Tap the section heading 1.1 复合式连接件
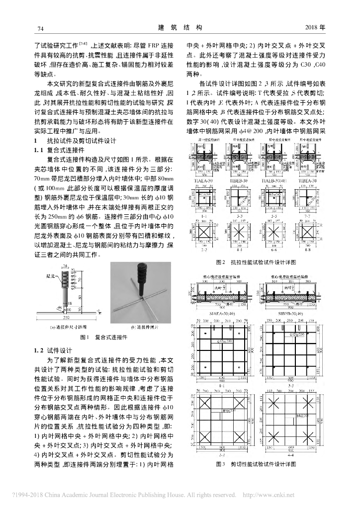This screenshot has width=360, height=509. point(59,150)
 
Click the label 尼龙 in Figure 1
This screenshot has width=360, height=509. point(50,274)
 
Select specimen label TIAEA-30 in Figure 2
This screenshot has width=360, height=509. point(206,181)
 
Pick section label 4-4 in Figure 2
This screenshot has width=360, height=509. point(241,250)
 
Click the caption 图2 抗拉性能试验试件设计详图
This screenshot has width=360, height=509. point(256,261)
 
